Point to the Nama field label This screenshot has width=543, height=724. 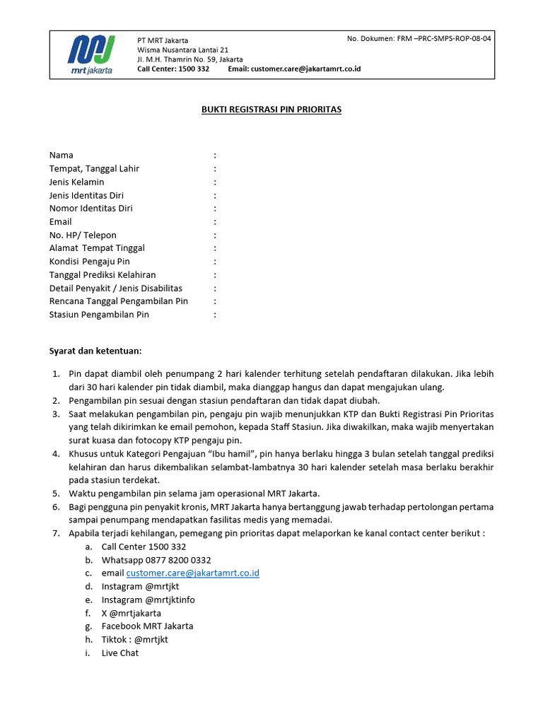click(x=62, y=155)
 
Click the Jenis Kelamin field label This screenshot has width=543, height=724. click(x=77, y=182)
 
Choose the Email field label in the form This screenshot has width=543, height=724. click(x=61, y=221)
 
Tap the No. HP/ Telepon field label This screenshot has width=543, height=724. click(x=83, y=235)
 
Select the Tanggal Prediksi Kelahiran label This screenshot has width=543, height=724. click(x=103, y=274)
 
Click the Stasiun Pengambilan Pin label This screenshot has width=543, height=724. click(x=99, y=315)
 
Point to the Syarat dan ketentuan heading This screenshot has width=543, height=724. click(x=95, y=351)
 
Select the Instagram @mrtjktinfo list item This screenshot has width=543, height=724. click(x=148, y=600)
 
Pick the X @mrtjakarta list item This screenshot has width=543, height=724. click(x=132, y=613)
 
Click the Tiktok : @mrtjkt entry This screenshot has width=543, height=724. click(x=135, y=639)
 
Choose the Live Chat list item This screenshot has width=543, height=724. click(x=120, y=653)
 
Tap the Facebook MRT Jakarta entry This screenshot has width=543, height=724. click(x=147, y=626)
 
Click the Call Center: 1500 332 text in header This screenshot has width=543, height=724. click(x=173, y=69)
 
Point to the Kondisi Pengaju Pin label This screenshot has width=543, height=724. click(x=90, y=261)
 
